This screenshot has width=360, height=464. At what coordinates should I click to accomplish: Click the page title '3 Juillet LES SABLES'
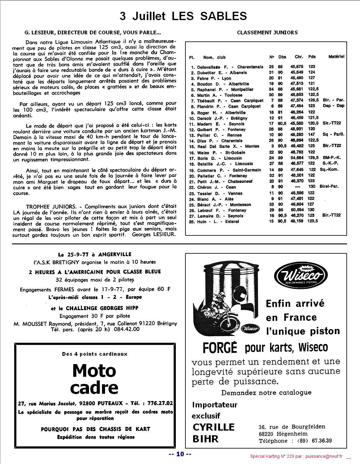183,16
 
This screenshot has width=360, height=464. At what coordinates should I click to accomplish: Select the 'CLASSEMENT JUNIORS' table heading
267,32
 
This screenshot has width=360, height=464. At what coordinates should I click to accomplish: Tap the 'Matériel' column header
336,57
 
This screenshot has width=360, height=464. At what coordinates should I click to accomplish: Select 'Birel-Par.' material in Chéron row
330,187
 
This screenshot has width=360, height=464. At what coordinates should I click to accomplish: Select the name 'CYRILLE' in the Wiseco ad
214,427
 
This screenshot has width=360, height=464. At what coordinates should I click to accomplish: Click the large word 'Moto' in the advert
94,371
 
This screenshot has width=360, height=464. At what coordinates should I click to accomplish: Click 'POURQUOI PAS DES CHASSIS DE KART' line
95,429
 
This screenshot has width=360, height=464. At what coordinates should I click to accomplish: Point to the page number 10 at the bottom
180,454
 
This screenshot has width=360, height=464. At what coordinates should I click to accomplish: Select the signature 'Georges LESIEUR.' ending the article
154,234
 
